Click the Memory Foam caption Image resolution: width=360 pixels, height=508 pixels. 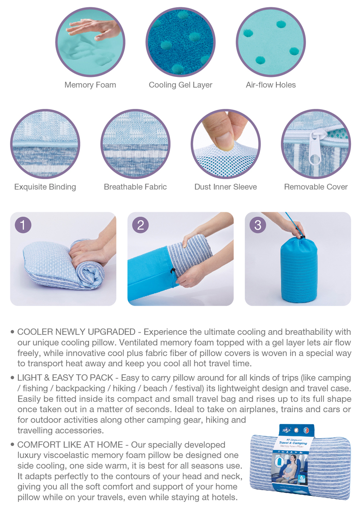tap(90, 85)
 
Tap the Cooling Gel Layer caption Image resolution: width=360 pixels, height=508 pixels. tap(180, 85)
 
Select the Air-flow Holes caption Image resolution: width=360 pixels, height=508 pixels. tap(271, 85)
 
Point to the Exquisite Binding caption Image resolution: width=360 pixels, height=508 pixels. tap(45, 187)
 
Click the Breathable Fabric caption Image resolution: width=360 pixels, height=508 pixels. tap(135, 187)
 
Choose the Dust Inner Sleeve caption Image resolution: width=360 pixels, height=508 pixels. tap(225, 187)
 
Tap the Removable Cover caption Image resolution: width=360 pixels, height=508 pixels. tap(316, 187)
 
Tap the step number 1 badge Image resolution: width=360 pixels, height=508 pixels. tap(22, 225)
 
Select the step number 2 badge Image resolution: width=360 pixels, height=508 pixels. tap(140, 225)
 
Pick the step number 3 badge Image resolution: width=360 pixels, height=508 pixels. tap(257, 225)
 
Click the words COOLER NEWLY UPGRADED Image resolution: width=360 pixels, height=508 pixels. tap(76, 332)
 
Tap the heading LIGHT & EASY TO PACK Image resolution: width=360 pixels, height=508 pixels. tap(65, 378)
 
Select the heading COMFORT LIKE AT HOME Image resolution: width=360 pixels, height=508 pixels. tap(70, 445)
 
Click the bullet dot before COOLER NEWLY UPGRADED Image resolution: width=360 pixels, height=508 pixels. tap(13, 332)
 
